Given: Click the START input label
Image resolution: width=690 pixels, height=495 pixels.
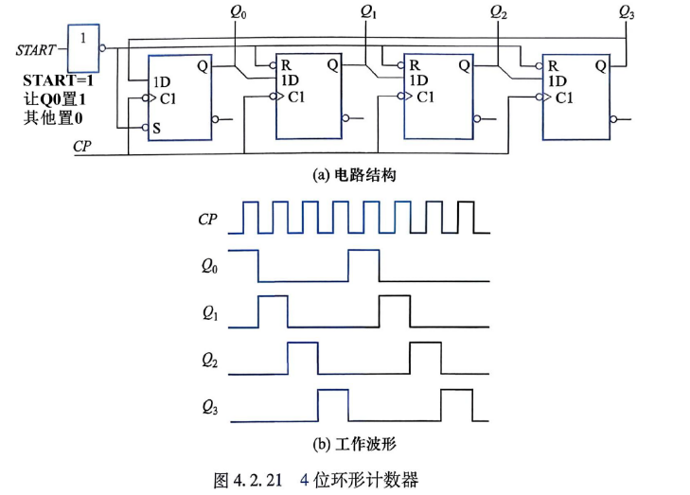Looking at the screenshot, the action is click(36, 50).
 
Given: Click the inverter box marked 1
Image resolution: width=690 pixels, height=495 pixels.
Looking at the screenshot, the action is click(83, 48).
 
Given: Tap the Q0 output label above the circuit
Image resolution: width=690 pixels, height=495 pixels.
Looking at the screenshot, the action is click(239, 12).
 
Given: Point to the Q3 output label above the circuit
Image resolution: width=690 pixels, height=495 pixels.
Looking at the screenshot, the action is click(627, 12).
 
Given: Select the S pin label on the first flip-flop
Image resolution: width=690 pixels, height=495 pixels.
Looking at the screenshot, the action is click(157, 129).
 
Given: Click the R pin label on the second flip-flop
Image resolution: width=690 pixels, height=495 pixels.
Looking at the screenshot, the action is click(286, 65).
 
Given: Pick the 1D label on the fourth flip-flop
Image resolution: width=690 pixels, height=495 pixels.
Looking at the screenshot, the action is click(557, 81).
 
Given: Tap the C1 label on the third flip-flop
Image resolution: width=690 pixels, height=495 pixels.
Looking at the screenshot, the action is click(425, 97).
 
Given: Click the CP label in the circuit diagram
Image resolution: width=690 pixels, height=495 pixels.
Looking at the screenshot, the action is click(82, 146).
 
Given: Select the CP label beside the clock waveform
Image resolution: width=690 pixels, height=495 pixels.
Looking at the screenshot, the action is click(207, 219).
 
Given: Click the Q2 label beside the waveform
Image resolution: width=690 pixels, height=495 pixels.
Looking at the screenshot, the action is click(209, 361).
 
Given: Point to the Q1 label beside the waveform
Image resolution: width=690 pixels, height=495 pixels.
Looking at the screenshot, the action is click(210, 313).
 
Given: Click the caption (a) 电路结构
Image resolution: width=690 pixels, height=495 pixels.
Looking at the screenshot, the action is click(354, 175).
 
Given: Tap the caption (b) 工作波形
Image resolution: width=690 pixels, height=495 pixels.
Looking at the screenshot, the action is click(354, 444).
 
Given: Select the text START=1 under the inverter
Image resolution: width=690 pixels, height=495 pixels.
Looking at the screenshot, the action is click(58, 80).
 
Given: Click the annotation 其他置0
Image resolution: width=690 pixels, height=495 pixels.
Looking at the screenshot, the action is click(53, 118).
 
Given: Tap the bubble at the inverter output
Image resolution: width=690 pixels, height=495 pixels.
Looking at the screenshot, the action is click(102, 48).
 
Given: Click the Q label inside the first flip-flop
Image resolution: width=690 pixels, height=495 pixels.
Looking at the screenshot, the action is click(203, 66).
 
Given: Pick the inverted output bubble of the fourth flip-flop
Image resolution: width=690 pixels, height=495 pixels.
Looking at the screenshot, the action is click(613, 119).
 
